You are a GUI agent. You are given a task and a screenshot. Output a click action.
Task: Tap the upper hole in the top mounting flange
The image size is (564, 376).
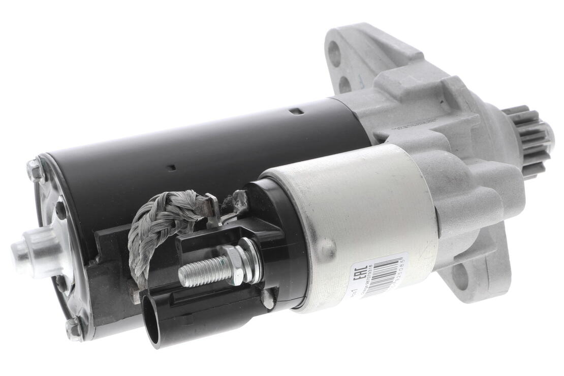coord(334,52)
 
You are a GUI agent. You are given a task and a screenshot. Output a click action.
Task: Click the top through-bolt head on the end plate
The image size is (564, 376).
coord(35,170)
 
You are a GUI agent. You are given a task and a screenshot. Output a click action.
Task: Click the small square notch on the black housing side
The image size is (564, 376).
coord(173,167)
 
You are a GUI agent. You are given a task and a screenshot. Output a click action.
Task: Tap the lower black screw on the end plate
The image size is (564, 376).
coord(61,282)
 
